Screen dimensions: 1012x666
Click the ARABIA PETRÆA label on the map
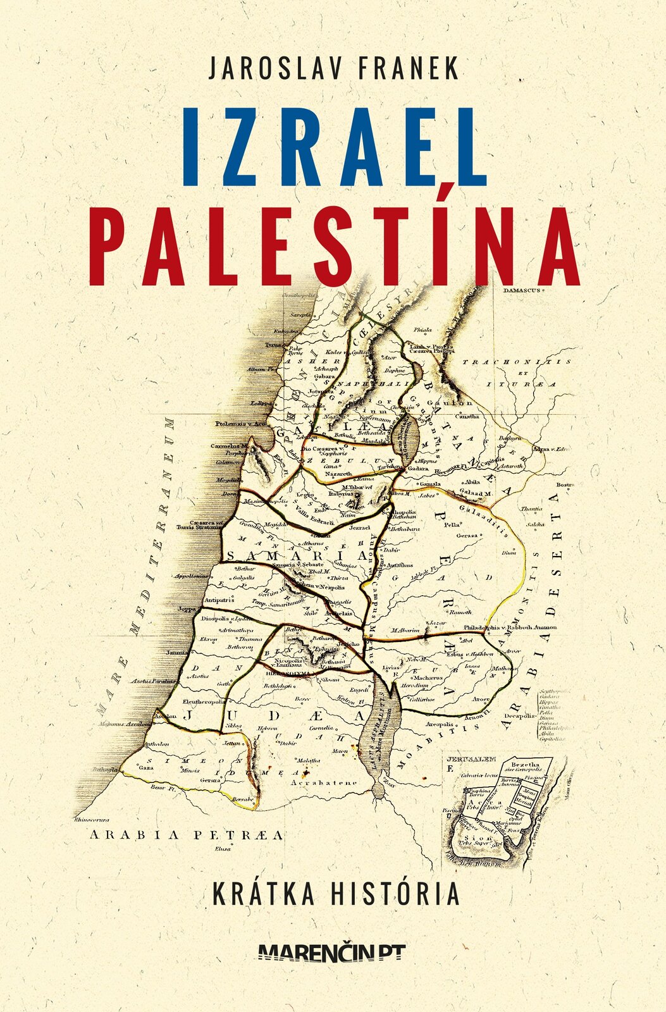pos(187,835)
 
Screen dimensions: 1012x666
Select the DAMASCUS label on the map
pos(520,291)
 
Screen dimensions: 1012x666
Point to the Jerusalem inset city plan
pos(500,810)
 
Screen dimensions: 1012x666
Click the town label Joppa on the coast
pos(187,608)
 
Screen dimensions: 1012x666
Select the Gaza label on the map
pos(147,767)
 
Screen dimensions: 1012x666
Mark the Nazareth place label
pos(338,474)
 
